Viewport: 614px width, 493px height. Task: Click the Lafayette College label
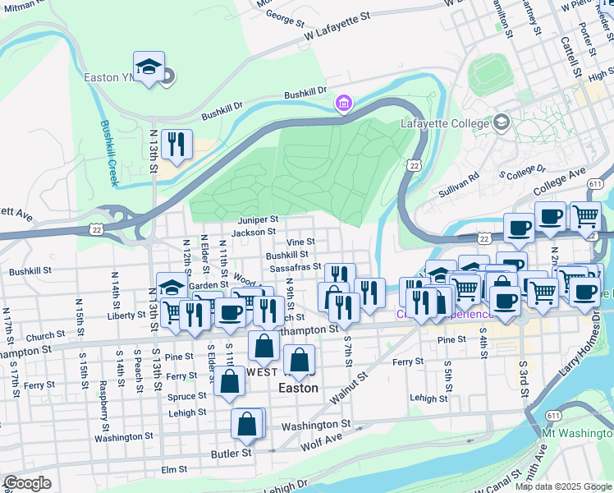coord(444,124)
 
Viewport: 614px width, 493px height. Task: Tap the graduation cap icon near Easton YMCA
coord(149,67)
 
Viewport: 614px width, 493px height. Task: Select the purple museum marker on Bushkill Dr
coord(342,104)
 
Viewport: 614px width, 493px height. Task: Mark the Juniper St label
coord(259,220)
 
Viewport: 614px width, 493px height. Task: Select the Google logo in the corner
coord(27,483)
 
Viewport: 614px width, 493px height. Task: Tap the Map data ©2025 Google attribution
coord(563,486)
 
